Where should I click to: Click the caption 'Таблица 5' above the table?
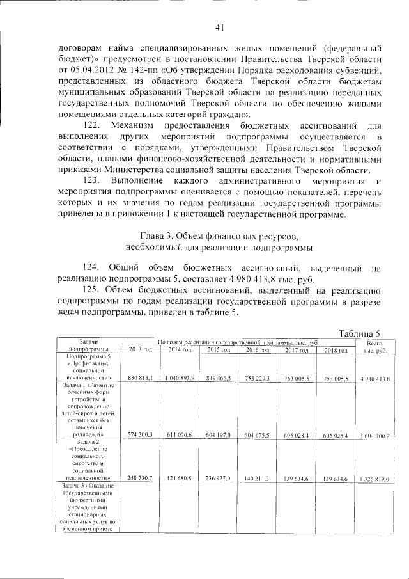click(360, 333)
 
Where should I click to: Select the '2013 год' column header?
click(140, 349)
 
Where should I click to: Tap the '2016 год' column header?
click(257, 349)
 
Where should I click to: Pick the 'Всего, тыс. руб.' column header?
click(375, 346)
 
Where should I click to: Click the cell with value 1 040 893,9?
click(180, 379)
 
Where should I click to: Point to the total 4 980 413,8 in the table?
click(375, 379)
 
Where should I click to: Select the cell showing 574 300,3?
click(140, 435)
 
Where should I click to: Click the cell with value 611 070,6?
click(180, 435)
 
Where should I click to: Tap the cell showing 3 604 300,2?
click(375, 436)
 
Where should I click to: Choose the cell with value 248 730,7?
click(140, 478)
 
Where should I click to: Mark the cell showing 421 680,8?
click(180, 478)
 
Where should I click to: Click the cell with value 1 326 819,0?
click(375, 478)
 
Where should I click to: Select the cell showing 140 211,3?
click(257, 478)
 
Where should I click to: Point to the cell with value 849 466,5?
click(219, 379)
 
